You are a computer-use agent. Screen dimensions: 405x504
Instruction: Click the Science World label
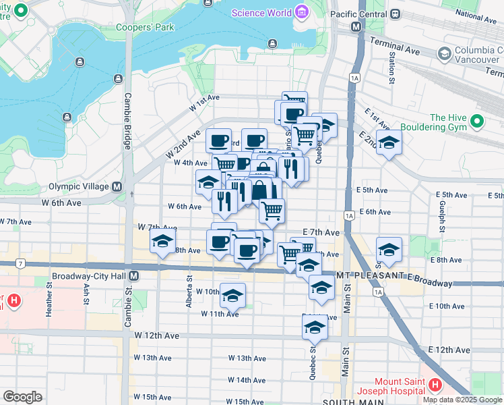point(261,13)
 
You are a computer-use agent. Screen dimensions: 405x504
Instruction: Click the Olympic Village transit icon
point(117,187)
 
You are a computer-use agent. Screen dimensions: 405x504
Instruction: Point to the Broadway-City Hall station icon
point(134,276)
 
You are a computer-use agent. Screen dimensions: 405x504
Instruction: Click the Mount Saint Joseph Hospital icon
point(435,386)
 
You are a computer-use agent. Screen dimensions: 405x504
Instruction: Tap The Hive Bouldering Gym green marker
point(478,122)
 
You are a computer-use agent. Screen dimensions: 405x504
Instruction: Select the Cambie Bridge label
point(127,121)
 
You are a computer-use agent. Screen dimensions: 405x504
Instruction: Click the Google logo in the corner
point(22,397)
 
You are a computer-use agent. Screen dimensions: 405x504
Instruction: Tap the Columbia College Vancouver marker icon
point(444,53)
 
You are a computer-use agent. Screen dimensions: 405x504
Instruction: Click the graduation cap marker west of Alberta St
point(162,241)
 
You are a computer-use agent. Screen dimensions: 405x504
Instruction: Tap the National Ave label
point(476,13)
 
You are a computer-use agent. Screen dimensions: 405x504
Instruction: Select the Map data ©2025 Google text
point(462,400)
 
